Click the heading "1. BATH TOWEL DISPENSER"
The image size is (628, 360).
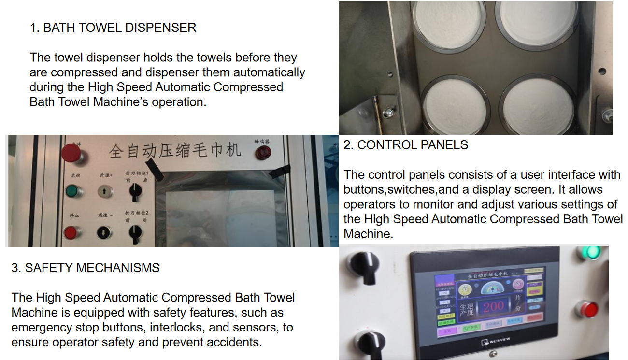pyautogui.click(x=113, y=28)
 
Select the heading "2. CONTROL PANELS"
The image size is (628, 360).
pyautogui.click(x=406, y=145)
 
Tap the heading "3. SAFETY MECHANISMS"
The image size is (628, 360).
pyautogui.click(x=86, y=268)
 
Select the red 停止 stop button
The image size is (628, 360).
pyautogui.click(x=71, y=233)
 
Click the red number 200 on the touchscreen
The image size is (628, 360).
pyautogui.click(x=494, y=306)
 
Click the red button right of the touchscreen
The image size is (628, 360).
pyautogui.click(x=589, y=309)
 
